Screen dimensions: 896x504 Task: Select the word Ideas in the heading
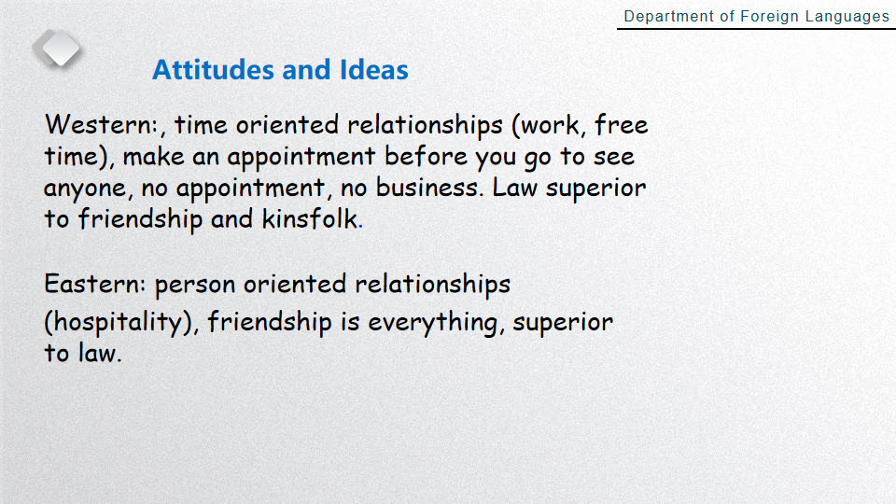[x=373, y=70]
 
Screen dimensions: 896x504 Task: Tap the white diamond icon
[x=57, y=48]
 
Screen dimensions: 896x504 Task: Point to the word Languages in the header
[x=847, y=17]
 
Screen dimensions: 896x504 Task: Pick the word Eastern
[x=92, y=284]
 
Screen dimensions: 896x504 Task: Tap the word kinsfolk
[x=310, y=218]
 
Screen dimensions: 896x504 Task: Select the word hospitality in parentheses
[x=119, y=322]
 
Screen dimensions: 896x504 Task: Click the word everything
[x=432, y=322]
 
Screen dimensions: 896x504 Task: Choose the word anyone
[x=85, y=189]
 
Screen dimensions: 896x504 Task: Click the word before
[x=426, y=156]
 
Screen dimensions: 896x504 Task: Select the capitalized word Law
[x=515, y=188]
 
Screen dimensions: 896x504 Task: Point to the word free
[x=622, y=124]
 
